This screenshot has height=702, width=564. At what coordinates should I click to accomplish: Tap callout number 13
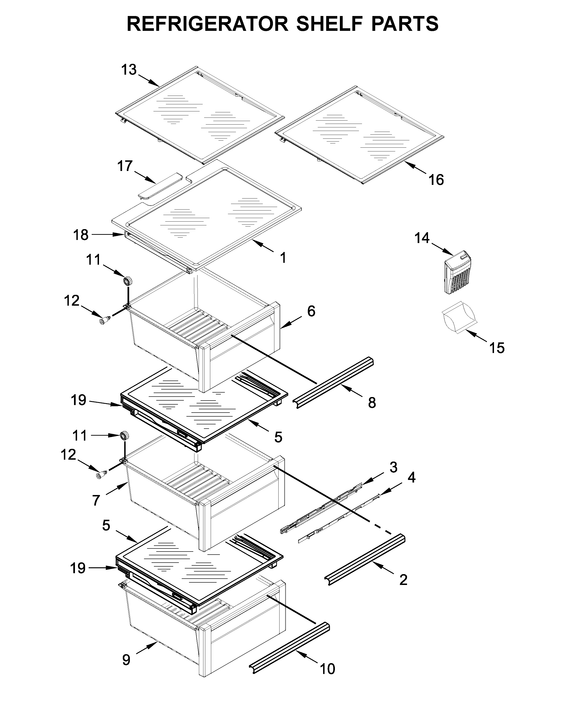[129, 70]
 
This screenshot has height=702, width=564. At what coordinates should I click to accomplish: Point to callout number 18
[80, 235]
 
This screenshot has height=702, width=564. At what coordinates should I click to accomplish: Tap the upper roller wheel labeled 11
[127, 281]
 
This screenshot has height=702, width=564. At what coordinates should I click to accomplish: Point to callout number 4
[412, 477]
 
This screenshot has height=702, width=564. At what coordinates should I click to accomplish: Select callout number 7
[95, 500]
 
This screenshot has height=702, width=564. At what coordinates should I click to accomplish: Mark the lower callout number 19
[78, 568]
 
